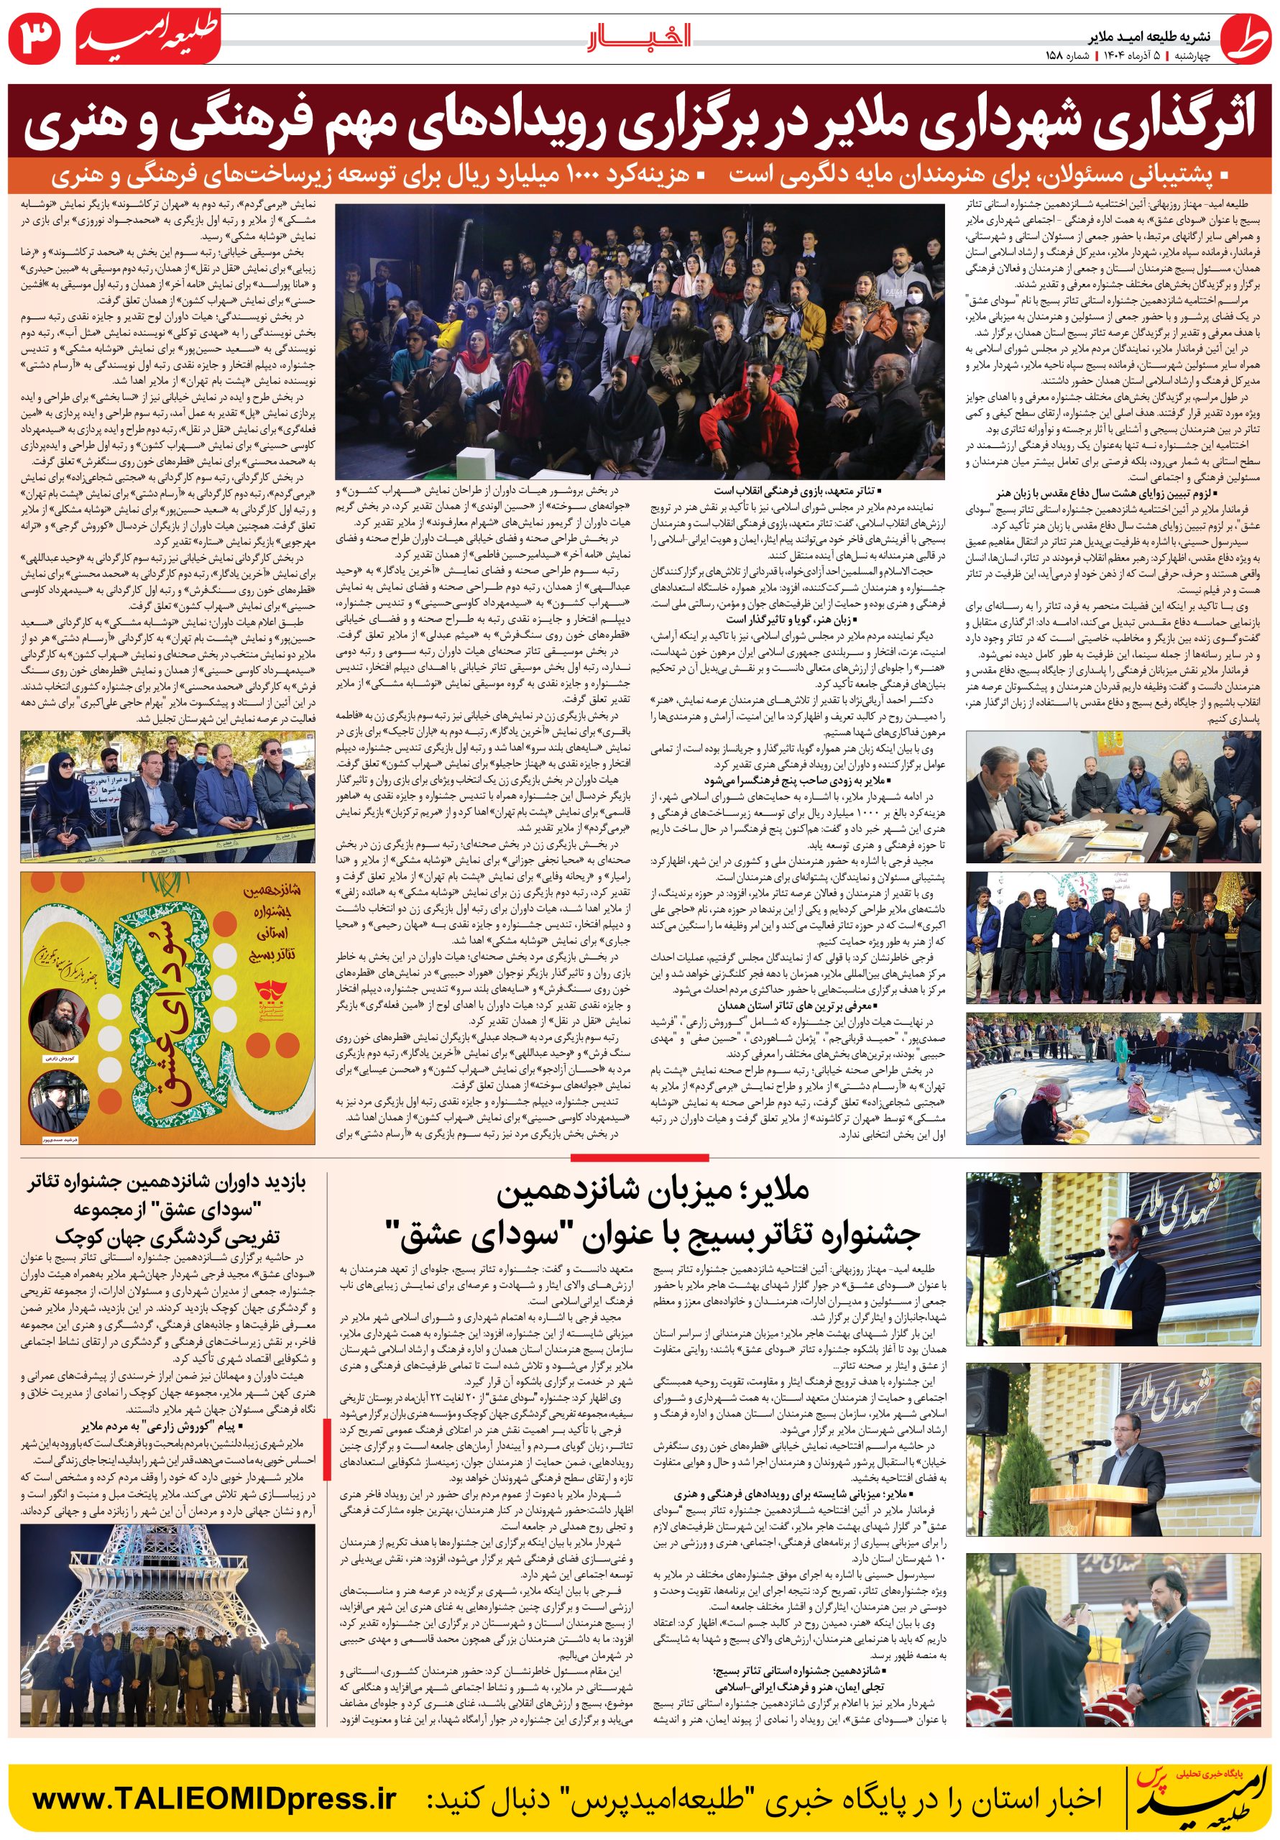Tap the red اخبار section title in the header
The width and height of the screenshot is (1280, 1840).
[640, 36]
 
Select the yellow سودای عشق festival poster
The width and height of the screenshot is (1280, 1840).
[168, 1008]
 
